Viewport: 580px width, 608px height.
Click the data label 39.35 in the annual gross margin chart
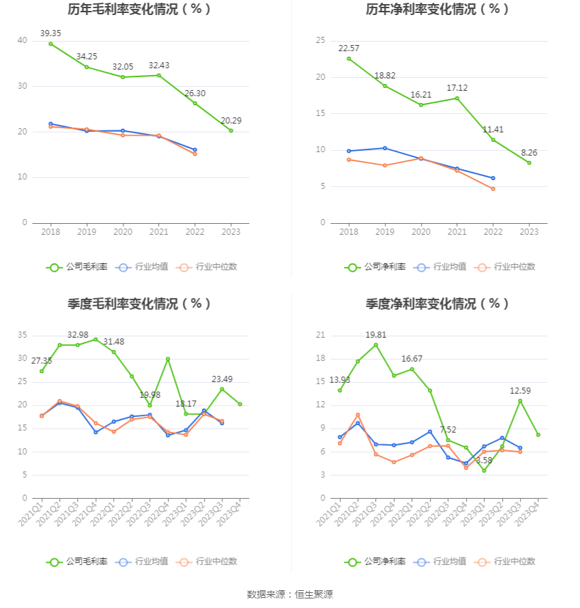50,33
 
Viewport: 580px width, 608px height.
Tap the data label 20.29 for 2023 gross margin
231,120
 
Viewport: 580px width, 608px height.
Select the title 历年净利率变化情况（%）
437,10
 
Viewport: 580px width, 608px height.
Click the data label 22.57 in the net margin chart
349,48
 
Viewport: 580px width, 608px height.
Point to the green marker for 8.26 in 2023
529,162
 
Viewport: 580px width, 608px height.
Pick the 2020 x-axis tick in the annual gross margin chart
123,233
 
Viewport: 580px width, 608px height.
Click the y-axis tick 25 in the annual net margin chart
319,41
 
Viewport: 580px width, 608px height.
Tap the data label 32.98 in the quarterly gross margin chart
78,334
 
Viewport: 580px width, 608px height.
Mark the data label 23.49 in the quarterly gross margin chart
222,379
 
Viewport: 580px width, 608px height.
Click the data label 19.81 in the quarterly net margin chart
375,334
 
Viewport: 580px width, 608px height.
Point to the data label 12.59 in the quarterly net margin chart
520,390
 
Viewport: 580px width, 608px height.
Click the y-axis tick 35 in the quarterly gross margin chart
23,336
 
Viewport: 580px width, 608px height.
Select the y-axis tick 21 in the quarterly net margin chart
320,336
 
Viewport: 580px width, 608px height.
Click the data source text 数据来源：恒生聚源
290,594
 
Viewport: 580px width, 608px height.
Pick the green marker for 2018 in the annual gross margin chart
50,44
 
